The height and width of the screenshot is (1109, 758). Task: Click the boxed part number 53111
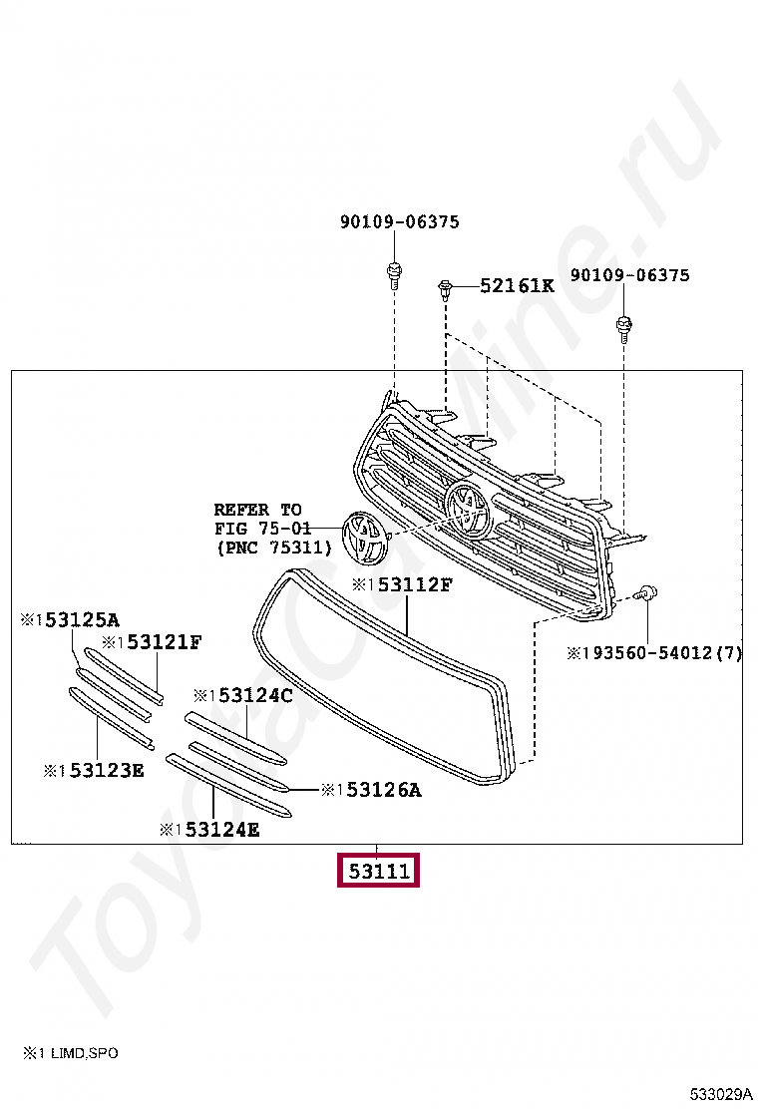pos(378,871)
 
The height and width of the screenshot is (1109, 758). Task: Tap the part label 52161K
pos(516,285)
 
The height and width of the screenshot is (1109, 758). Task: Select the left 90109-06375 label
pos(399,222)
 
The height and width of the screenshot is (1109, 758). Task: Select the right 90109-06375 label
pos(629,275)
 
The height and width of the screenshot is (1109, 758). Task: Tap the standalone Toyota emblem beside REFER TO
pos(363,539)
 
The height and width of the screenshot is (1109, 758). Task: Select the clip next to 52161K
pos(446,291)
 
